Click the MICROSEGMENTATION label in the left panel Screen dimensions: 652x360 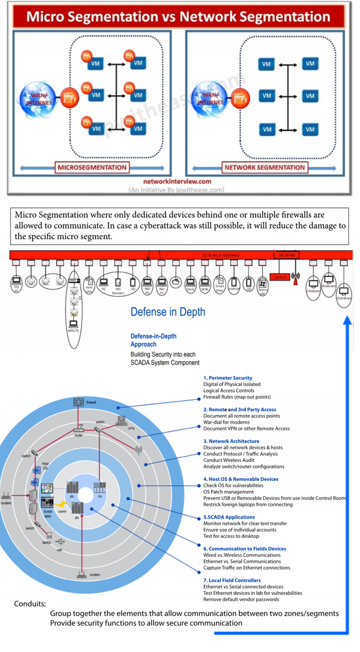(92, 167)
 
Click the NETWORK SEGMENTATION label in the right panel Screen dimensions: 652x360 (264, 167)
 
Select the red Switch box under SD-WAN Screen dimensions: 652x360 (280, 277)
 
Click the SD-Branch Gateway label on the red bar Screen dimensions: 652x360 (220, 255)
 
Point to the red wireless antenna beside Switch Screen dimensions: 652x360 (296, 277)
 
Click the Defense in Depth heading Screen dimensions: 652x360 (168, 312)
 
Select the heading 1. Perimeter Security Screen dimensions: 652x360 (228, 378)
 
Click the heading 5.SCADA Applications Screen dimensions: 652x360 (229, 517)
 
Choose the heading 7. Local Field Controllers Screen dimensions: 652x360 (232, 580)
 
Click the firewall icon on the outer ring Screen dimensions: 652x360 (78, 402)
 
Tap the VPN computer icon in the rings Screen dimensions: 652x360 (121, 420)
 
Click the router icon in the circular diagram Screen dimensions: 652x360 (78, 430)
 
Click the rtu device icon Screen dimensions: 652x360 (100, 488)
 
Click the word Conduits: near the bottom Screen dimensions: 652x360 (30, 604)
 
